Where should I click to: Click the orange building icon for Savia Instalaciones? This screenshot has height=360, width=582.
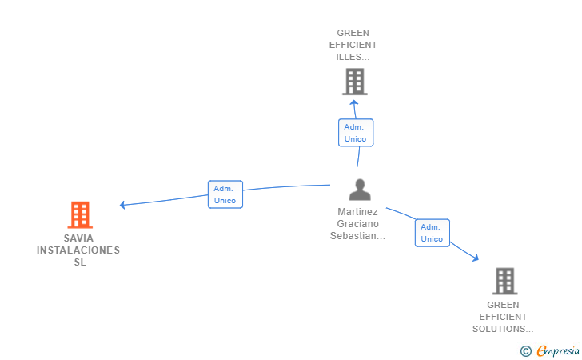pos(80,214)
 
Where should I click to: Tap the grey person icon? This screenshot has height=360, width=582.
pos(360,190)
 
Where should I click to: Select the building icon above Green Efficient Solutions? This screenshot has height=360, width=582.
pos(505,281)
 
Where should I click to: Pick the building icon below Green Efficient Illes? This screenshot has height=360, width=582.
pos(355,82)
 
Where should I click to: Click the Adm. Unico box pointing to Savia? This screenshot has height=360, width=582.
pos(225,194)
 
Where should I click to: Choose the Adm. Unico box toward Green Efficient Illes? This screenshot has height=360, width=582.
pos(356,133)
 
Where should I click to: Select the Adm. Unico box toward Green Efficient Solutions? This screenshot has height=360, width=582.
pos(433,233)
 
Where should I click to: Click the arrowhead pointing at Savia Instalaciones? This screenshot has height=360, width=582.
pos(122,205)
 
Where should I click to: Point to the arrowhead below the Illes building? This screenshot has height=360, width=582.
pos(354,102)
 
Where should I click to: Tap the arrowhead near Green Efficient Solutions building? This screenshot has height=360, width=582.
pos(476,258)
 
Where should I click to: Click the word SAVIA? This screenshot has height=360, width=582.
pos(78,238)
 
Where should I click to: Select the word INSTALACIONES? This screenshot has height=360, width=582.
pos(78,250)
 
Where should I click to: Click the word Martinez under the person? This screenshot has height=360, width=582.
pos(357,212)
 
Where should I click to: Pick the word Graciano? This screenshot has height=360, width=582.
pos(358,224)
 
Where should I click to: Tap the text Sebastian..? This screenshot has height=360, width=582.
pos(353,236)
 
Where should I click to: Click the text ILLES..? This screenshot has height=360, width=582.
pos(349,58)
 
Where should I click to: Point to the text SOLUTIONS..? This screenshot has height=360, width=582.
pos(499,329)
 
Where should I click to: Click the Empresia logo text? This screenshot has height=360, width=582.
pos(558,350)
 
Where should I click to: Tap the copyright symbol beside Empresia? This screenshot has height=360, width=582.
pos(526,351)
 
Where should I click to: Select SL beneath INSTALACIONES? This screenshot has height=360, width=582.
pos(80,262)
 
